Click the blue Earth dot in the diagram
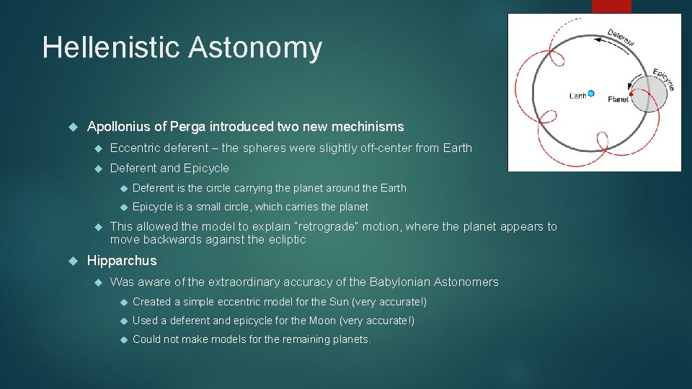click(x=591, y=93)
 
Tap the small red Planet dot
click(x=631, y=94)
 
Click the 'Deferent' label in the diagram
click(x=621, y=38)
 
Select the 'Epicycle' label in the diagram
click(x=663, y=79)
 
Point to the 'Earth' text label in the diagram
click(x=577, y=96)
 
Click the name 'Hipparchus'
click(x=121, y=261)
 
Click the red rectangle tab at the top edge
click(x=611, y=6)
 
